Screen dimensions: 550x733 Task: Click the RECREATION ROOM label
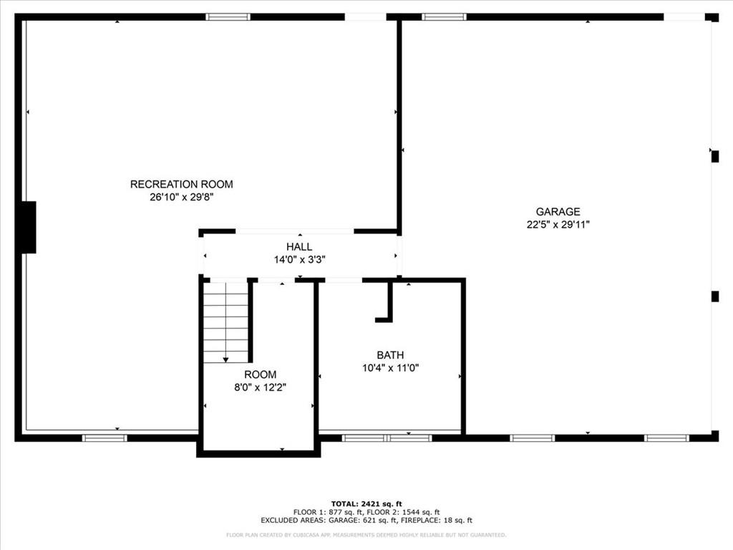[x=181, y=184]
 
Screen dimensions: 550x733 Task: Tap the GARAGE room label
[x=558, y=211]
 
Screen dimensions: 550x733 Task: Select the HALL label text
[x=299, y=247]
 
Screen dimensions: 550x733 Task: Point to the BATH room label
[x=390, y=354]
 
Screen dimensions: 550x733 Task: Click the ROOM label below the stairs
[x=260, y=375]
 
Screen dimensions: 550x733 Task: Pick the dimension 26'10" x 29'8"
[x=181, y=197]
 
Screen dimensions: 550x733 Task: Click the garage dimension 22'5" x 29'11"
[x=558, y=224]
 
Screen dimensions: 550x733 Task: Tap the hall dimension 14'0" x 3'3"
[x=299, y=260]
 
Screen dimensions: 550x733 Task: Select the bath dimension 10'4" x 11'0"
[x=390, y=367]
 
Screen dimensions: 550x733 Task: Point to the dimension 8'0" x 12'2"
[x=260, y=387]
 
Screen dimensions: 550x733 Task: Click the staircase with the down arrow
[x=225, y=322]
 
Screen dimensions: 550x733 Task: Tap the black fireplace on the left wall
[x=27, y=227]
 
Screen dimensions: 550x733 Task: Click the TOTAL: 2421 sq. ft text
[x=366, y=503]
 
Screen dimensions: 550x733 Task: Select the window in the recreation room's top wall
[x=228, y=16]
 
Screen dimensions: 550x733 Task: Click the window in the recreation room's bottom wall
[x=105, y=438]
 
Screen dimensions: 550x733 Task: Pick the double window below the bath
[x=387, y=438]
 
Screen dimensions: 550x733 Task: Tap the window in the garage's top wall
[x=444, y=16]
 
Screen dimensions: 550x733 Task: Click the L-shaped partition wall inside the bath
[x=387, y=304]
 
